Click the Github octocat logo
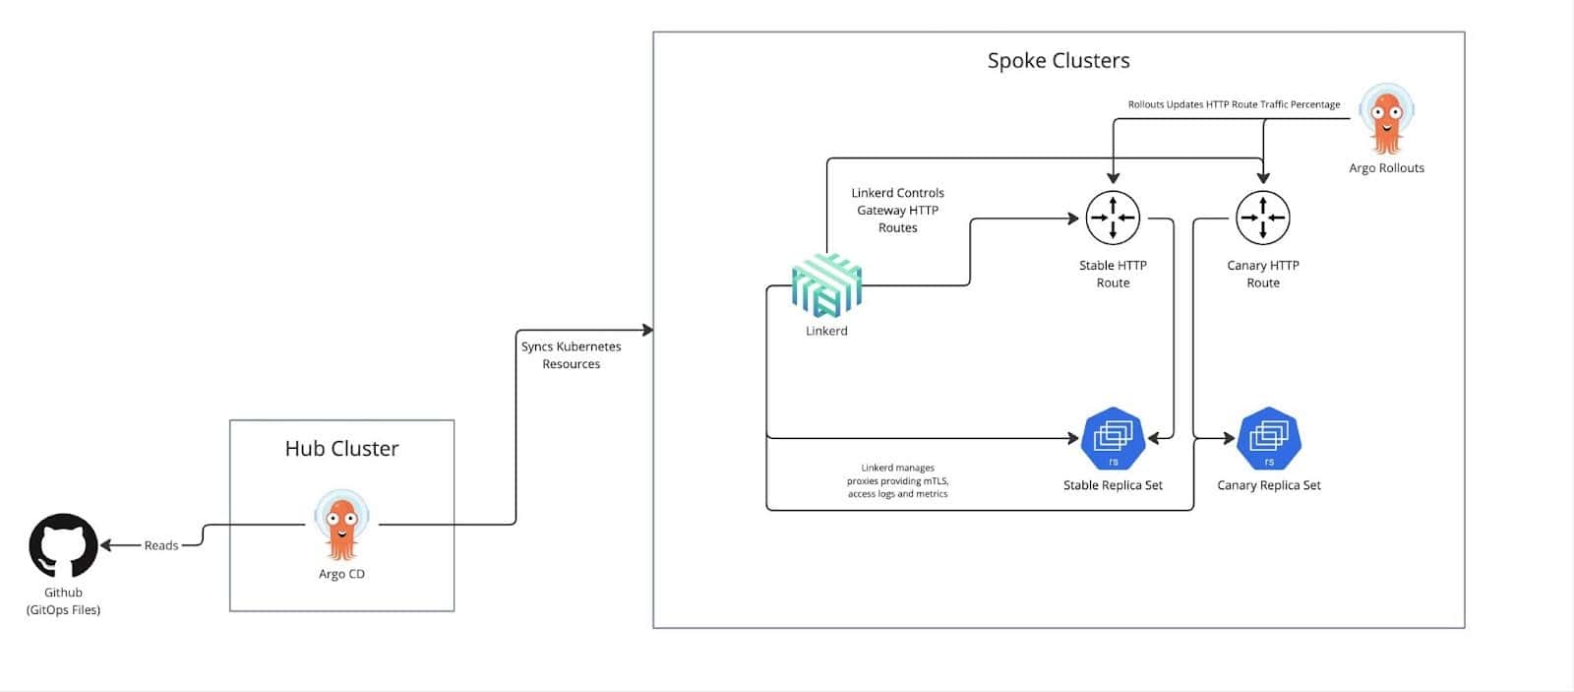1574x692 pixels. pyautogui.click(x=63, y=545)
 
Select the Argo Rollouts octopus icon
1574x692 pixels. pyautogui.click(x=1386, y=119)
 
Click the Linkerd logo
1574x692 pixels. pyautogui.click(x=826, y=285)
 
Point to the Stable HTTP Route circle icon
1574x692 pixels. pyautogui.click(x=1113, y=218)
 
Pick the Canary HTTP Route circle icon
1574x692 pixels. pyautogui.click(x=1262, y=218)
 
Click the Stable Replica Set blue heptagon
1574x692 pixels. pyautogui.click(x=1113, y=439)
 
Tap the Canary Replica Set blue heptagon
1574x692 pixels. pyautogui.click(x=1269, y=439)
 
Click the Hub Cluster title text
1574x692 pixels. pyautogui.click(x=341, y=449)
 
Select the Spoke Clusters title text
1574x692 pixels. pyautogui.click(x=1059, y=61)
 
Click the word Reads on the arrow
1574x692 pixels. pyautogui.click(x=161, y=545)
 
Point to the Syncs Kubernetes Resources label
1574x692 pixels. pyautogui.click(x=571, y=355)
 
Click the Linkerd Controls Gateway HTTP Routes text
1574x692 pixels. pyautogui.click(x=897, y=211)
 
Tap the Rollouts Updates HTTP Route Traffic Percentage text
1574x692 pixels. pyautogui.click(x=1234, y=104)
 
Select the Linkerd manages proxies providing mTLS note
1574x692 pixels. pyautogui.click(x=897, y=481)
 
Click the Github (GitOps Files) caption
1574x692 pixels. pyautogui.click(x=63, y=601)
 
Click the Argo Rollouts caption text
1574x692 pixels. pyautogui.click(x=1386, y=168)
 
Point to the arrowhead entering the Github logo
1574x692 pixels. pyautogui.click(x=106, y=545)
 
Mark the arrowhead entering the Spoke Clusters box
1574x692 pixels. pyautogui.click(x=647, y=330)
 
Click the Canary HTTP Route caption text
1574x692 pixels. pyautogui.click(x=1263, y=274)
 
